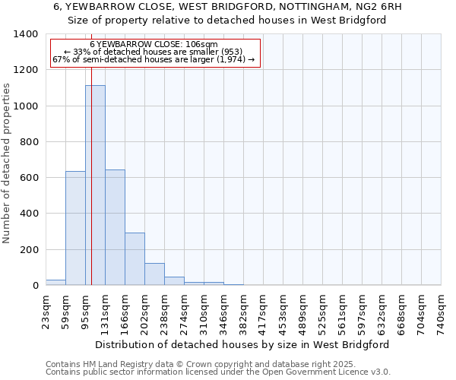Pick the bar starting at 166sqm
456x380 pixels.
point(135,259)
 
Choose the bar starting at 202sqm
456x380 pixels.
point(154,274)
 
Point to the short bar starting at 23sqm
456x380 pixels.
point(55,283)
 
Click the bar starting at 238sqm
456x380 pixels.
point(174,281)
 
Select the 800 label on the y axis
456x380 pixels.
point(29,142)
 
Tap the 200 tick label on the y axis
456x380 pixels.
point(29,250)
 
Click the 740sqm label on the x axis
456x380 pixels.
point(442,312)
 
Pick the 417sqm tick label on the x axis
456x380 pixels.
point(264,312)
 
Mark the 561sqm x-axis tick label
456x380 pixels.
point(343,312)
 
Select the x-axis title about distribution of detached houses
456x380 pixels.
point(243,344)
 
